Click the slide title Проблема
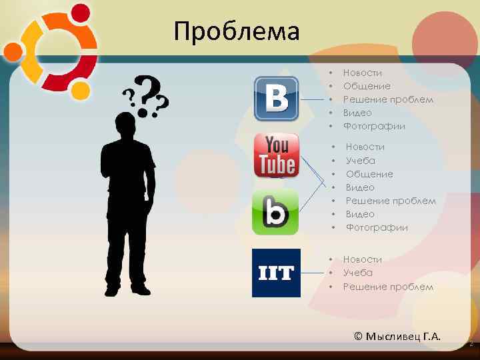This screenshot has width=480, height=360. click(x=237, y=31)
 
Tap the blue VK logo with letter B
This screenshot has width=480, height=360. click(x=276, y=98)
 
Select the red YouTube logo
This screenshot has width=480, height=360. click(x=276, y=155)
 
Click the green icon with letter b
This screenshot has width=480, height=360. click(x=275, y=212)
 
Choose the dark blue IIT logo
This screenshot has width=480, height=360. click(x=276, y=273)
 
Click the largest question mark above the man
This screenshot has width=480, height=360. click(x=151, y=90)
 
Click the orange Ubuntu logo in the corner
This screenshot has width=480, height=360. click(x=50, y=52)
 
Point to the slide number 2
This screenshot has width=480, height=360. click(x=471, y=345)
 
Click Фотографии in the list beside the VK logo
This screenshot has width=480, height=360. click(x=374, y=126)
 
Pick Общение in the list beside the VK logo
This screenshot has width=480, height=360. click(x=367, y=86)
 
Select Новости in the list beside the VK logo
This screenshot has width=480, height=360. click(x=362, y=73)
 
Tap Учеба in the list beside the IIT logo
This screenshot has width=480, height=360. click(x=357, y=273)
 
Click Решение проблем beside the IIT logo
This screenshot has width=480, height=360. click(x=388, y=287)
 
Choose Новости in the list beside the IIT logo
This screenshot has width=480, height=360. click(x=362, y=259)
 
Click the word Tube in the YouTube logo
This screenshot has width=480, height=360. click(x=277, y=164)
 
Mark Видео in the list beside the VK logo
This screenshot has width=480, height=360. click(x=357, y=113)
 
